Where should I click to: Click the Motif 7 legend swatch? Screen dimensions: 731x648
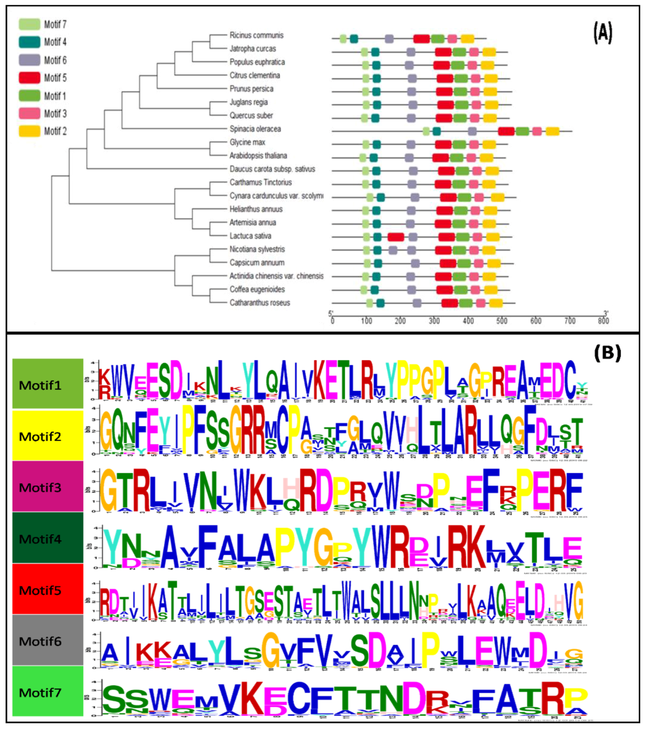29,24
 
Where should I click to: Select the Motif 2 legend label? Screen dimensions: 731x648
55,131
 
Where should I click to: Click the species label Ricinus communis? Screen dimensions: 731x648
256,36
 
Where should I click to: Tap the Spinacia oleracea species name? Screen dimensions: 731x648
255,129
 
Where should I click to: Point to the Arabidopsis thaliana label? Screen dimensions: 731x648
258,156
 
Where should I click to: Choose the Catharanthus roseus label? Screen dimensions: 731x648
259,303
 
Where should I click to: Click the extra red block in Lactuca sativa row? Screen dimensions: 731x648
395,237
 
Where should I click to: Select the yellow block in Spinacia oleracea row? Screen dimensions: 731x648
552,131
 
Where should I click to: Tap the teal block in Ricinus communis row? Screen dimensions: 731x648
354,39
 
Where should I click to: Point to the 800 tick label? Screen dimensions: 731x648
603,321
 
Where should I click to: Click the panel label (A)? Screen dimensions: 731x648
602,33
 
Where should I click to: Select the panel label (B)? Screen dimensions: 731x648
607,352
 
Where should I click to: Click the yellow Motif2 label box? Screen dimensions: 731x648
48,436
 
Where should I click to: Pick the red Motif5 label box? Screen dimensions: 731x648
48,589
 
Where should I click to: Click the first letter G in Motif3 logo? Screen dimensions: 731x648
109,490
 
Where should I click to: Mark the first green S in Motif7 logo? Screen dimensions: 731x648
113,699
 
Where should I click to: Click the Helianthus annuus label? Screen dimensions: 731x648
256,209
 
